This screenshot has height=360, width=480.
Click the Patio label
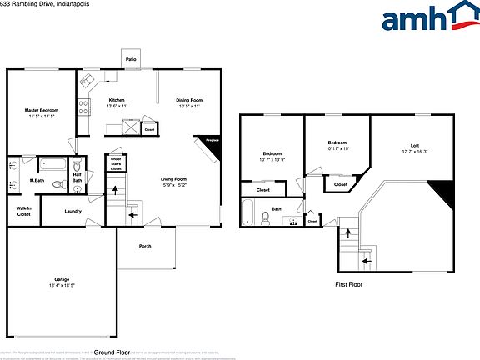pos(131,60)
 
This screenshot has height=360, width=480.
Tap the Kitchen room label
pos(117,100)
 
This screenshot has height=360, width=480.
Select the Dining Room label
pos(189,100)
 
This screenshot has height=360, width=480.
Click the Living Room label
pos(173,179)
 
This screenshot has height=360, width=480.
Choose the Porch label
pos(145,246)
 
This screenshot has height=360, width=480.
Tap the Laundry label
pos(72,211)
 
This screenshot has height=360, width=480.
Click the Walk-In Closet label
pos(24,212)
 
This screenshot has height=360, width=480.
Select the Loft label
pos(414,147)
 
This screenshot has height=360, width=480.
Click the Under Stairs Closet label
pos(116,162)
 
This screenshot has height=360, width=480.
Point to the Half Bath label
pos(77,177)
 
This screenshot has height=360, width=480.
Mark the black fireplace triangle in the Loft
pos(446,193)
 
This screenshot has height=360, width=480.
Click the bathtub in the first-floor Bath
pos(248,213)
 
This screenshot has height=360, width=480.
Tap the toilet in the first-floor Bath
pos(265,218)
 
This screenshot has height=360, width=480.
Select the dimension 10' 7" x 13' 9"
pos(273,159)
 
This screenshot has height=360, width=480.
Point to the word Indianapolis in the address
pos(59,4)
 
